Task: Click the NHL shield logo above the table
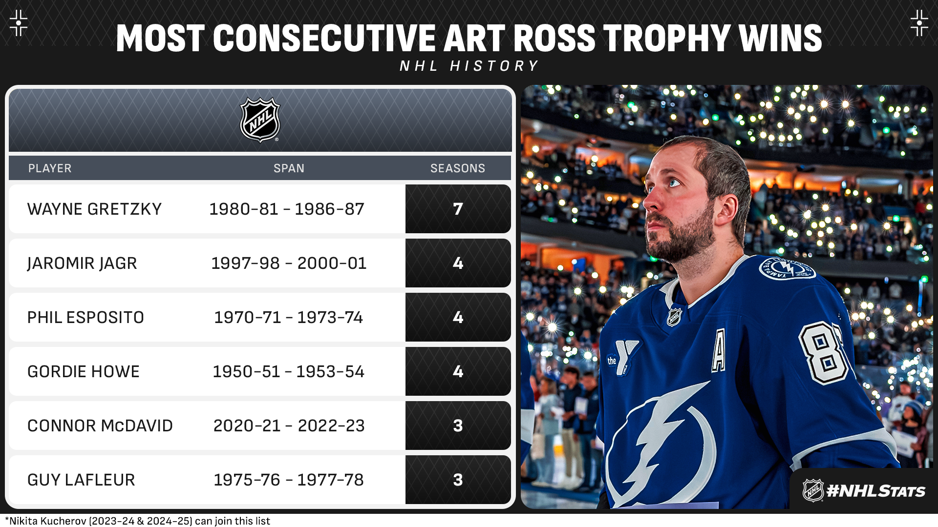[x=260, y=120]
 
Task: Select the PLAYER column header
[x=50, y=168]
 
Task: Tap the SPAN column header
[x=289, y=168]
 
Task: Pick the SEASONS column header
[x=458, y=168]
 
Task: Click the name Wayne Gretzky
[x=94, y=209]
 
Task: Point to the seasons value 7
[x=458, y=209]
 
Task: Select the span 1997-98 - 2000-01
[x=289, y=263]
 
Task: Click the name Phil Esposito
[x=85, y=317]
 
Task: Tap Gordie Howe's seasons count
[x=458, y=371]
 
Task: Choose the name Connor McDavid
[x=100, y=426]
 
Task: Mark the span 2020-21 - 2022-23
[x=289, y=426]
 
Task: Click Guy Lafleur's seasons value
[x=458, y=480]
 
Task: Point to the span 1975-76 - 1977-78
[x=289, y=480]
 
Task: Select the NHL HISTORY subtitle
[x=469, y=66]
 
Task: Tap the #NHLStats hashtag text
[x=875, y=491]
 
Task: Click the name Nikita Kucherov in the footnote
[x=47, y=521]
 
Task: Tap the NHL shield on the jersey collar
[x=674, y=317]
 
